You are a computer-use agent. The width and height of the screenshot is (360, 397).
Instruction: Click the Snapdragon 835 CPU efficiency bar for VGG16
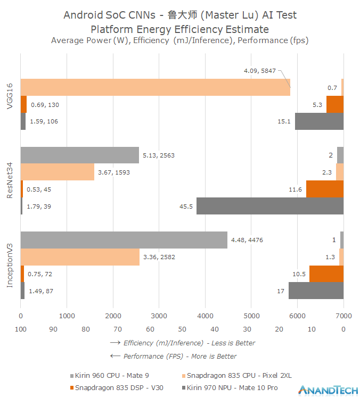coord(155,87)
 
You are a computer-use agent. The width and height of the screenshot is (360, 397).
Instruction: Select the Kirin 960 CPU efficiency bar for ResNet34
coord(79,155)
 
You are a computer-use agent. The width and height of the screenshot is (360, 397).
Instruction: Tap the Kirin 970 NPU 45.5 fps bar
coord(269,206)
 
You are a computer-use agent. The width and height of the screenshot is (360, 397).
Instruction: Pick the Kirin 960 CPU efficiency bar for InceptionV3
coord(124,240)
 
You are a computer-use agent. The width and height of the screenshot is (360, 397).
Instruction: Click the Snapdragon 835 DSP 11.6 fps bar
coord(324,189)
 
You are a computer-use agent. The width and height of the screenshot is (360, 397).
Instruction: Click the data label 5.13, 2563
coord(158,155)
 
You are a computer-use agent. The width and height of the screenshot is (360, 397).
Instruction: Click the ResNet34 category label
coord(10,180)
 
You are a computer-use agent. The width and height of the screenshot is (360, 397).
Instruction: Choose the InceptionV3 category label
coord(10,266)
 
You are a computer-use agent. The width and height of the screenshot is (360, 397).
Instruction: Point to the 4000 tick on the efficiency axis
coord(205,316)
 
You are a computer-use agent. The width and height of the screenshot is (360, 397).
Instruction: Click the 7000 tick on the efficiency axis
coord(343,316)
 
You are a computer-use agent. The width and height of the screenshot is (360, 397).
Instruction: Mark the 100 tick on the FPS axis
coord(21,329)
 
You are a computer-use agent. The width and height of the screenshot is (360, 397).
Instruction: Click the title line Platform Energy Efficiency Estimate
coord(180,29)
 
